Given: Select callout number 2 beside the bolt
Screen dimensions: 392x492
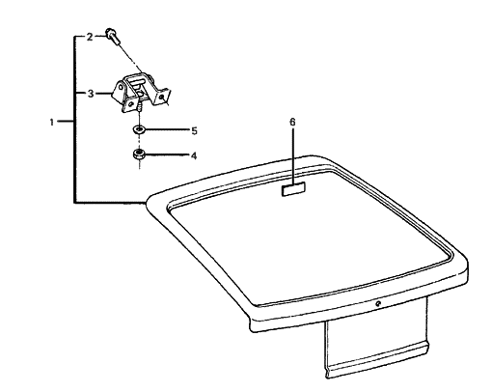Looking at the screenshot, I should point(89,37).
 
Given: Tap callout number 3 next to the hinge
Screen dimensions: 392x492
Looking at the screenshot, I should point(89,94).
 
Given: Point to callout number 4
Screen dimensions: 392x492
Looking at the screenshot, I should point(193,154).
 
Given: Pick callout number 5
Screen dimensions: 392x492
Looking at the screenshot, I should point(193,129).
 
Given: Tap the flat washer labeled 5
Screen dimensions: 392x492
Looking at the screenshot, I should point(138,129).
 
